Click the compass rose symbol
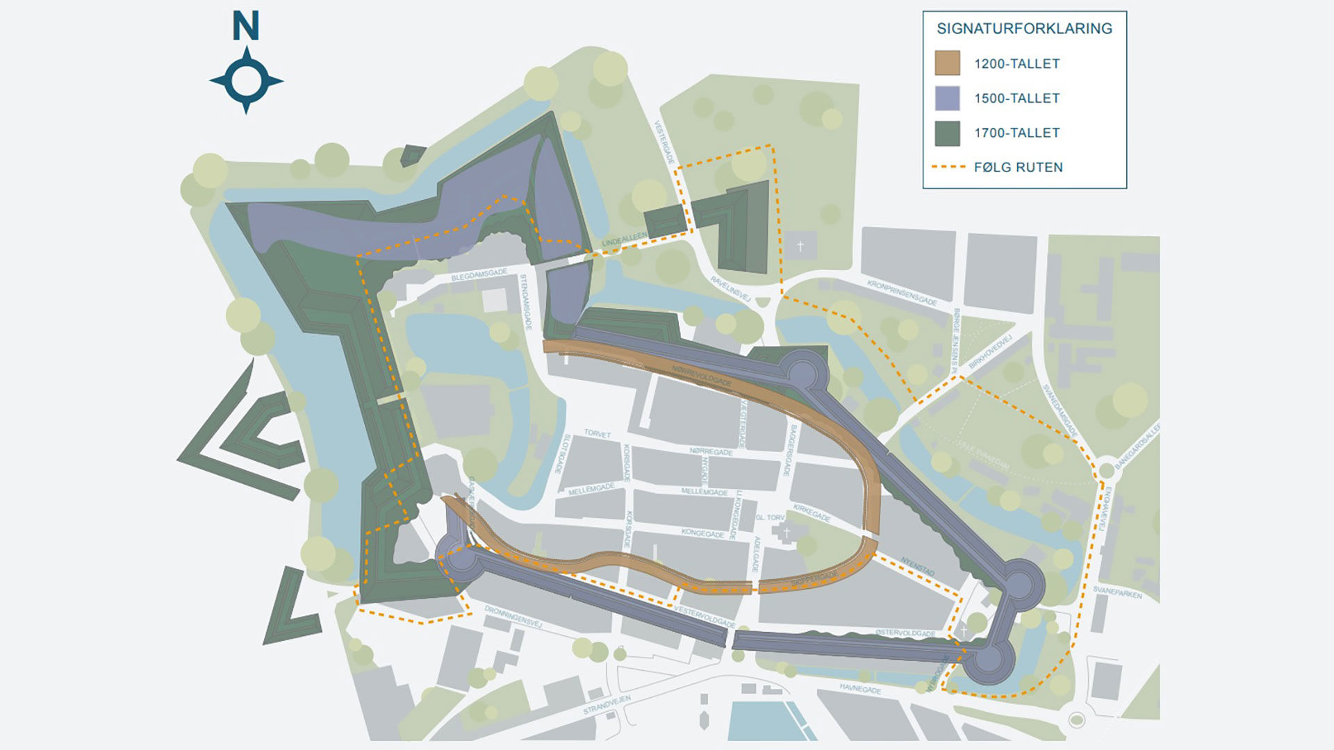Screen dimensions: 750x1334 [246, 81]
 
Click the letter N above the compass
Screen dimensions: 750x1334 [246, 26]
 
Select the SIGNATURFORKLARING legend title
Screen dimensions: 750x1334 [1024, 28]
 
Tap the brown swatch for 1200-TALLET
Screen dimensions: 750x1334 [947, 63]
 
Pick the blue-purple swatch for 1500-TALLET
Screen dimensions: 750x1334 [947, 98]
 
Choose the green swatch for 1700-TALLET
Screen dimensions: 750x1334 [947, 133]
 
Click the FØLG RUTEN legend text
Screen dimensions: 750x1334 [1018, 167]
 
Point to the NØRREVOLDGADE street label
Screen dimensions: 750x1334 [702, 376]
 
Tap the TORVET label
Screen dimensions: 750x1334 [597, 433]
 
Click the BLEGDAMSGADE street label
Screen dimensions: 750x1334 [479, 274]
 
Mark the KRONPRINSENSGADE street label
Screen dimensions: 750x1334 [902, 293]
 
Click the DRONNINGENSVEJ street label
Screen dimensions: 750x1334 [513, 616]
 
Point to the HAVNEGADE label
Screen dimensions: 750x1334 [859, 688]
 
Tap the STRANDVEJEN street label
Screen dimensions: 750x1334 [607, 705]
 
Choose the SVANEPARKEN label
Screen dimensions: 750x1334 [1117, 592]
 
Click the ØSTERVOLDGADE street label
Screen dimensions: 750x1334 [905, 633]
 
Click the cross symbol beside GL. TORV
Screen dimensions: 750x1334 [787, 533]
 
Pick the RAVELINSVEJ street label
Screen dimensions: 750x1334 [730, 287]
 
